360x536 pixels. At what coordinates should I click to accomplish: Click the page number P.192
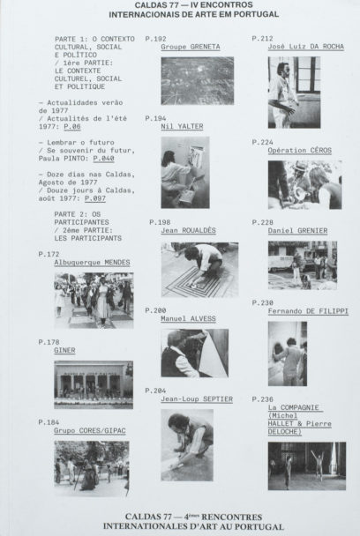(x=155, y=39)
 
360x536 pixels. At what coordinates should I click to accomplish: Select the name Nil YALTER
(x=182, y=126)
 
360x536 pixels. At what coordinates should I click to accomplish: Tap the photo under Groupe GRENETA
(x=198, y=81)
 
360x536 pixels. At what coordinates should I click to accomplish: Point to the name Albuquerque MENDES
(x=92, y=262)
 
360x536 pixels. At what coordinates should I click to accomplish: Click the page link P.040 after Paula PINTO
(x=104, y=159)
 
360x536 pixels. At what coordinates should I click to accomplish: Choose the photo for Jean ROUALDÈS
(x=199, y=270)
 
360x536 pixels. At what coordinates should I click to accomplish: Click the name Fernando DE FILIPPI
(x=308, y=311)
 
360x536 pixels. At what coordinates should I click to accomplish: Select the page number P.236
(x=262, y=399)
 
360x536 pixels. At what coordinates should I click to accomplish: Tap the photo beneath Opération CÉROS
(x=305, y=184)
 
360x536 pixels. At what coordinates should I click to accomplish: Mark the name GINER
(x=64, y=350)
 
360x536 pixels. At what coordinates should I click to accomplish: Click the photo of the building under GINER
(x=94, y=384)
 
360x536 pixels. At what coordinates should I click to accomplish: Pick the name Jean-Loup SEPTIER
(x=197, y=399)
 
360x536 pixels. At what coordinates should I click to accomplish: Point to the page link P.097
(x=95, y=198)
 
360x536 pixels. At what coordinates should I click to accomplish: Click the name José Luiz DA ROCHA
(x=306, y=46)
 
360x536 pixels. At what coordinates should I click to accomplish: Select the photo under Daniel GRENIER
(x=303, y=265)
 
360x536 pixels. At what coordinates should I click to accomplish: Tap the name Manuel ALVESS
(x=188, y=318)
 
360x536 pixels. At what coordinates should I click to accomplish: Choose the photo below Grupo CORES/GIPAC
(x=92, y=468)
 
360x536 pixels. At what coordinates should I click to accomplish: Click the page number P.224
(x=262, y=142)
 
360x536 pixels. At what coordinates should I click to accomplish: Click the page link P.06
(x=72, y=126)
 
